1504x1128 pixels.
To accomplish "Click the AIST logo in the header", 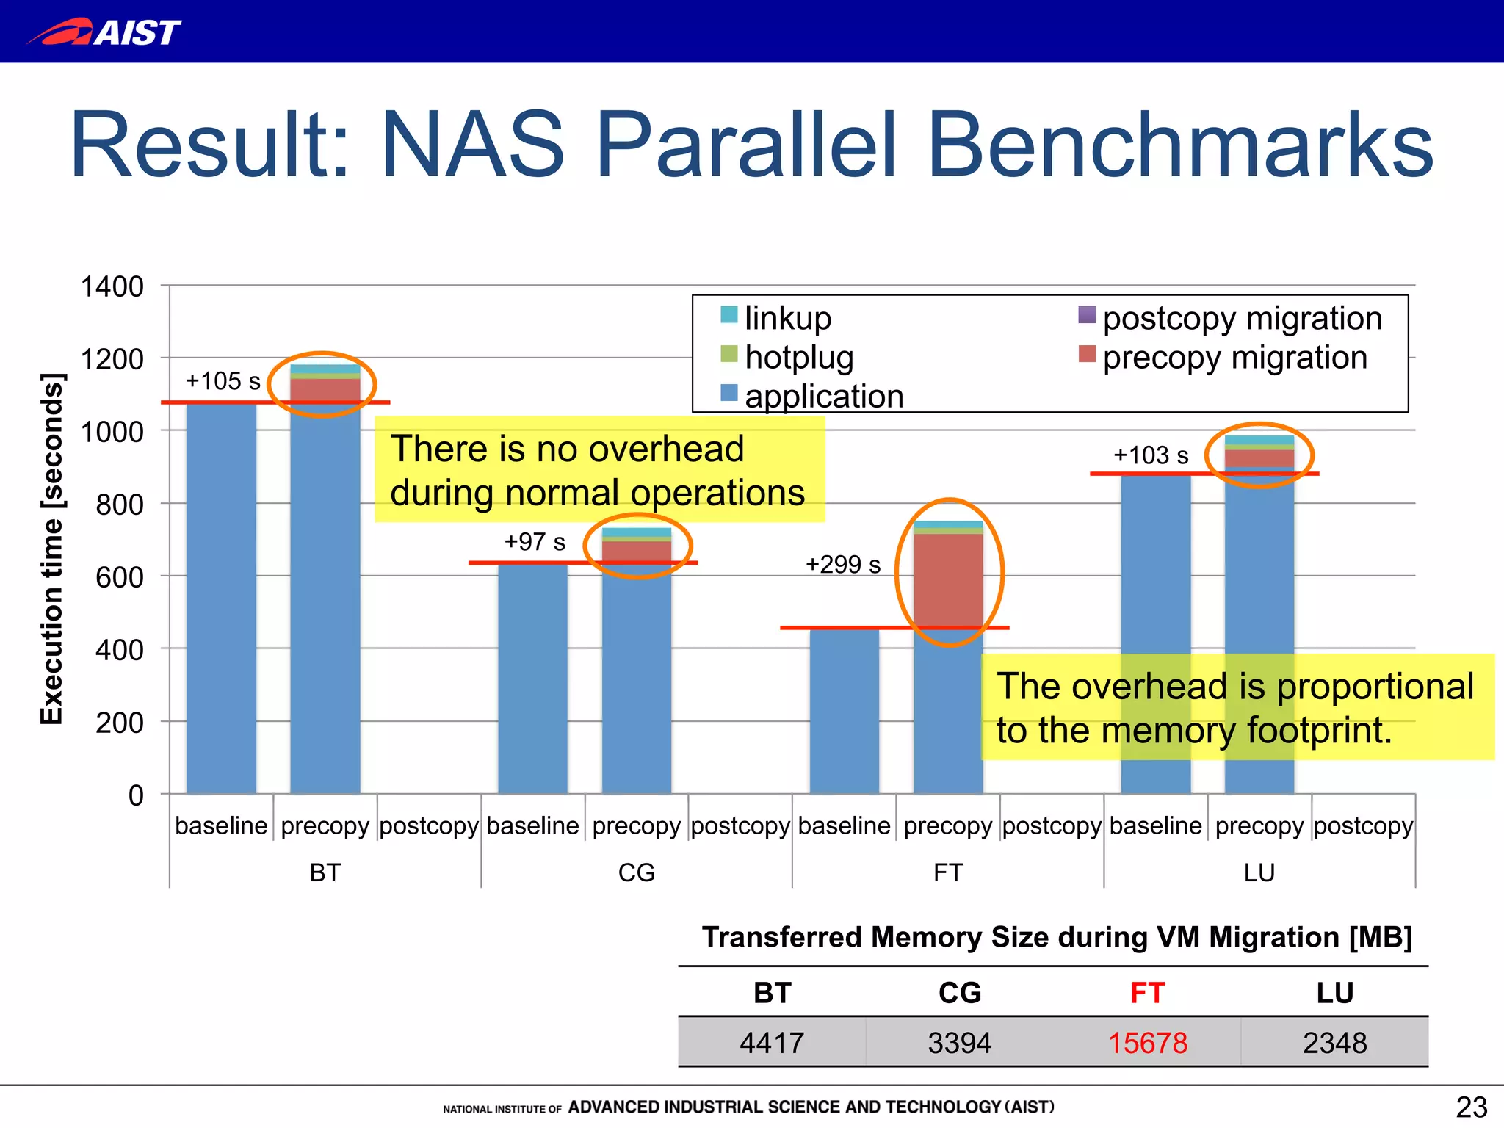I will (104, 32).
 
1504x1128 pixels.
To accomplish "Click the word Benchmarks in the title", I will (1179, 145).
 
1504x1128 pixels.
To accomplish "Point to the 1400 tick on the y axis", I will (112, 286).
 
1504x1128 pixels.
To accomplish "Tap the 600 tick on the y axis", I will (119, 577).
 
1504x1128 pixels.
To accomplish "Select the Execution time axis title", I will (51, 549).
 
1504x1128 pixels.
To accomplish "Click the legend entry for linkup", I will (787, 318).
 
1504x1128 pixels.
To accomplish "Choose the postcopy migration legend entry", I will (1242, 318).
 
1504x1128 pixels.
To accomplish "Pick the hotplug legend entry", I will (798, 358).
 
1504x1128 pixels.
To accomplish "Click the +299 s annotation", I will (842, 564).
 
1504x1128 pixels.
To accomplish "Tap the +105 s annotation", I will (223, 380).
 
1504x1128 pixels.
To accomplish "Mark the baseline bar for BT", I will (221, 599).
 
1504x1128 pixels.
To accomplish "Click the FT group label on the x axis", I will (947, 872).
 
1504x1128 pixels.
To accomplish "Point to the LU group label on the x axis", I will (1259, 872).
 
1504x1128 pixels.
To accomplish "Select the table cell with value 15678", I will (1147, 1042).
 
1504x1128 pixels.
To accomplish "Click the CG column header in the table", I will (959, 993).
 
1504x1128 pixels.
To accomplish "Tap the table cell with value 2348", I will (1334, 1042).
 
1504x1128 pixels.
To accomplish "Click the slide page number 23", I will (1471, 1107).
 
